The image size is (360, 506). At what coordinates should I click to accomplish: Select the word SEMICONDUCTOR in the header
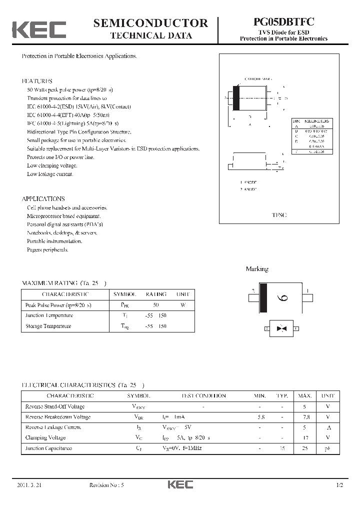pos(150,22)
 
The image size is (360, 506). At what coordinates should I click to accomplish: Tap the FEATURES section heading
pos(37,81)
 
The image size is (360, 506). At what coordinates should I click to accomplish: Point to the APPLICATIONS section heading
pos(43,198)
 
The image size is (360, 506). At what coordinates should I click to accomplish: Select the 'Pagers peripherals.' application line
pos(47,249)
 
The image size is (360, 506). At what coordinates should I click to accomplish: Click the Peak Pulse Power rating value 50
pos(155,305)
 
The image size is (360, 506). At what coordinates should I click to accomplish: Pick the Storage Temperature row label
pos(48,326)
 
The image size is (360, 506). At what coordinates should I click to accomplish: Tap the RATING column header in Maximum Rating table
pos(155,294)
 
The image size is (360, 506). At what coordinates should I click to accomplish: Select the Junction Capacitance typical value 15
pos(282,448)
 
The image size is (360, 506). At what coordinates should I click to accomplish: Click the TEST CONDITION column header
pos(203,395)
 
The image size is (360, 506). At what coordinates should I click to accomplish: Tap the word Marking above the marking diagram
pos(257,269)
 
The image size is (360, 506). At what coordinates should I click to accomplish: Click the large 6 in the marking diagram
pos(282,298)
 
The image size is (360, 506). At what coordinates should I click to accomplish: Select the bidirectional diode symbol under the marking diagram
pos(282,328)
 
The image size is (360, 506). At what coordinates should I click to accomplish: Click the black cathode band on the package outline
pos(236,97)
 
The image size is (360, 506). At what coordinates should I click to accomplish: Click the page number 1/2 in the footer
pos(340,485)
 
